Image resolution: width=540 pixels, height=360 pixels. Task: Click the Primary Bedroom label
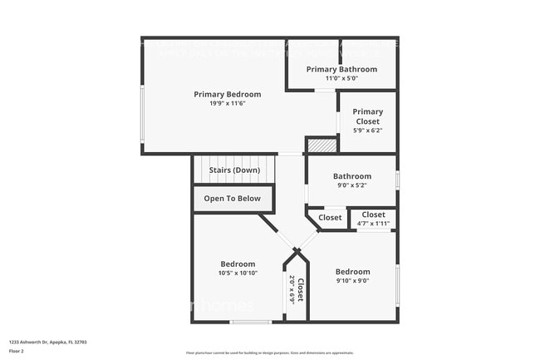[227, 94]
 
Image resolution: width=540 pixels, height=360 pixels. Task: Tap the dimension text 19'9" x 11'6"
[227, 103]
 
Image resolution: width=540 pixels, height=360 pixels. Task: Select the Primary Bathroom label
[341, 69]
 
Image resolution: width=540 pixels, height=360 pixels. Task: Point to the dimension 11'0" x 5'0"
[341, 78]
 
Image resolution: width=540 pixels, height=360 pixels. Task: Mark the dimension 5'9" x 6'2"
[367, 131]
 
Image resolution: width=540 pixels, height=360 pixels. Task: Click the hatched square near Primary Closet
[322, 145]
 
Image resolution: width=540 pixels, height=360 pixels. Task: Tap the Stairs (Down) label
[234, 170]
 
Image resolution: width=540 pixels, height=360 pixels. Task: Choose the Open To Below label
[233, 199]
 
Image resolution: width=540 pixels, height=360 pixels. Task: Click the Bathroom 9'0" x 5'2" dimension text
[351, 185]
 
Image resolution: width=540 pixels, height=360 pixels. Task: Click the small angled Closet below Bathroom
[330, 218]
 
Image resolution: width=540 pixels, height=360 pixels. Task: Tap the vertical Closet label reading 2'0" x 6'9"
[297, 289]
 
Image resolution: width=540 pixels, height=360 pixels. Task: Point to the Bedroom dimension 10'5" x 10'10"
[238, 273]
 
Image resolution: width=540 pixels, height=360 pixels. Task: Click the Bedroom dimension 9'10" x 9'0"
[352, 281]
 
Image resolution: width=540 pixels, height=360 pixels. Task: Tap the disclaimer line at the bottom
[269, 353]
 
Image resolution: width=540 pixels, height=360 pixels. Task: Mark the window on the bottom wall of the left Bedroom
[251, 322]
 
